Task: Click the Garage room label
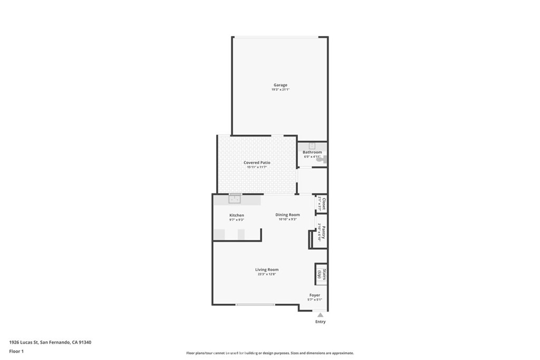click(280, 85)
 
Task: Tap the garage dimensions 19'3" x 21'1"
click(280, 90)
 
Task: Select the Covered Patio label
click(257, 163)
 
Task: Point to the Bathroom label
click(312, 152)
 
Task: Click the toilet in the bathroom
click(324, 159)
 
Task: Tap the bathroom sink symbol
click(312, 145)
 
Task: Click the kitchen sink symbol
click(235, 198)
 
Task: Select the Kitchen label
click(236, 215)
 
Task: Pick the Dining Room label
click(287, 215)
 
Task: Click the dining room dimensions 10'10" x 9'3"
click(287, 219)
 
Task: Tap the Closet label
click(324, 204)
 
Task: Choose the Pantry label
click(324, 232)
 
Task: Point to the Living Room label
click(266, 269)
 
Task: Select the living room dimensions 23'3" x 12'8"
click(266, 274)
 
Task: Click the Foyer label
click(314, 295)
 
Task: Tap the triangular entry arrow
click(320, 315)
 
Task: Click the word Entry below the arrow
click(320, 322)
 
